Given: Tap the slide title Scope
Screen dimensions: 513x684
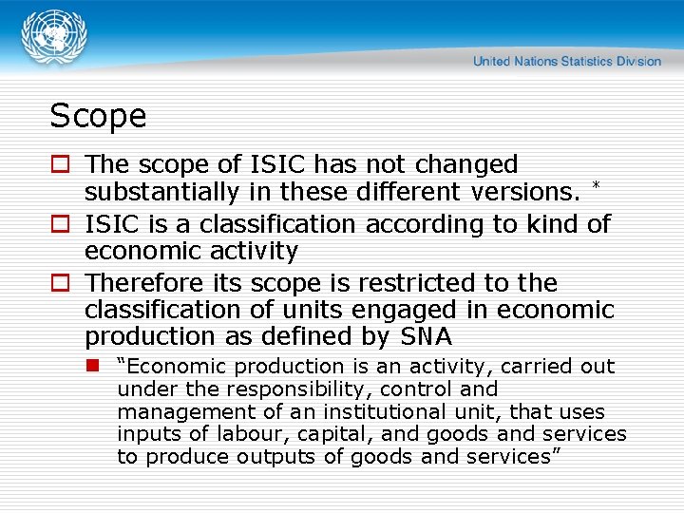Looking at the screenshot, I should (x=98, y=116).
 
